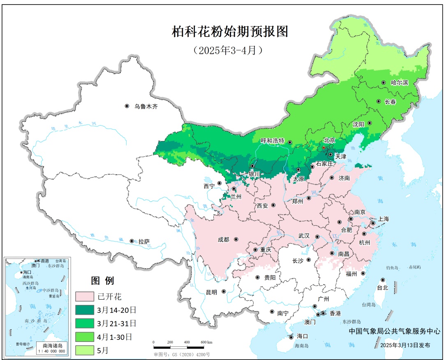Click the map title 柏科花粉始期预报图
click(230, 32)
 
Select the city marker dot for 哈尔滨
click(384, 83)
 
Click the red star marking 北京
click(324, 147)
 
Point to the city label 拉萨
click(144, 241)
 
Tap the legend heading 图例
click(102, 281)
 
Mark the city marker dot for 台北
click(383, 280)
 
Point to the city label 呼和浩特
click(273, 141)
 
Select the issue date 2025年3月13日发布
click(405, 346)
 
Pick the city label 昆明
click(211, 292)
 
